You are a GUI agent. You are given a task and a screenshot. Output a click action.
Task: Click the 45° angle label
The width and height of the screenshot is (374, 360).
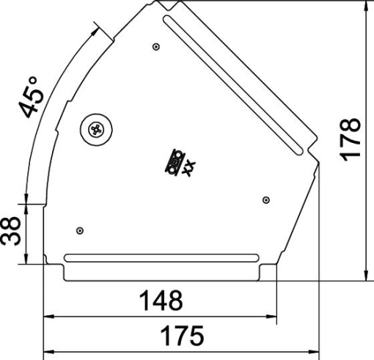pyautogui.click(x=33, y=98)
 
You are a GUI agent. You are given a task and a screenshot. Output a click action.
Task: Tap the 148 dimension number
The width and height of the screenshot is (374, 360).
pyautogui.click(x=161, y=301)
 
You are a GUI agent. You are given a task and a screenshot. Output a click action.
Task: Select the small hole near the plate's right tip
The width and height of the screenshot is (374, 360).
pyautogui.click(x=265, y=199)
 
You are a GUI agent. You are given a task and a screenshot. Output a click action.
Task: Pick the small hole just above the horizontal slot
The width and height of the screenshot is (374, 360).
pyautogui.click(x=81, y=232)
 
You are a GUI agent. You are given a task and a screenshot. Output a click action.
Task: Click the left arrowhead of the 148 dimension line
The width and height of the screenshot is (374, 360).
pyautogui.click(x=48, y=317)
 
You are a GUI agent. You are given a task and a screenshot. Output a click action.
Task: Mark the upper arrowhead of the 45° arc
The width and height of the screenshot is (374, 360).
pyautogui.click(x=95, y=30)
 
